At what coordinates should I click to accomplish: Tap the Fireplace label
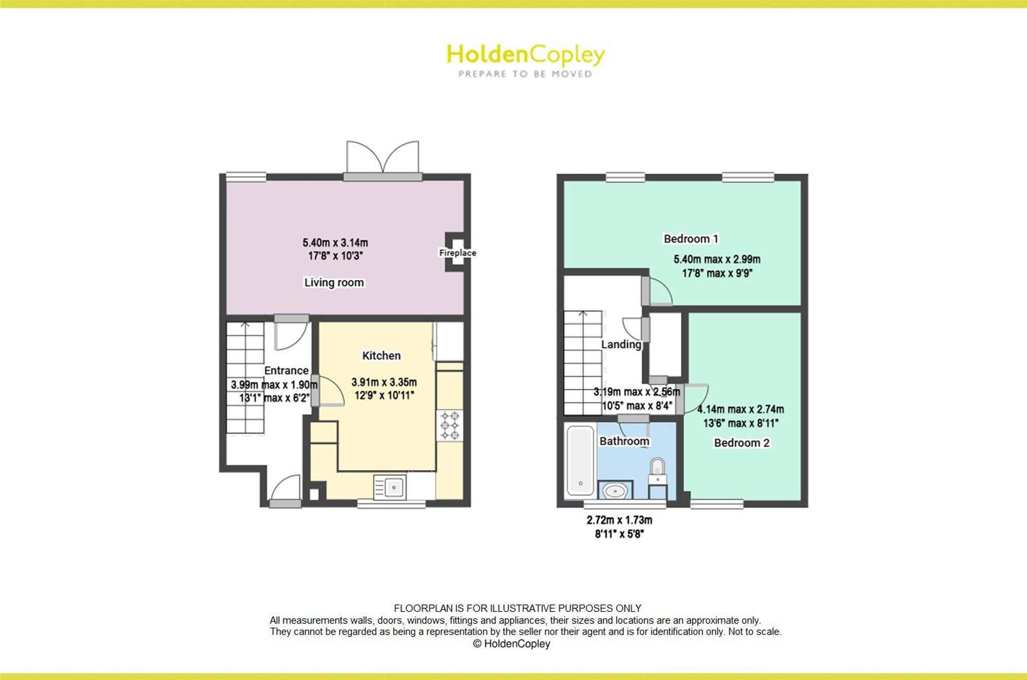[458, 253]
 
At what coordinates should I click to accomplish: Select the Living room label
[334, 282]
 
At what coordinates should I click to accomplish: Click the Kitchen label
[381, 355]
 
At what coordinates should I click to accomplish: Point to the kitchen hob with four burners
[450, 425]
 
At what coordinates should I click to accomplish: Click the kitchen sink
[390, 487]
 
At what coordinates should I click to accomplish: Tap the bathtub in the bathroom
[580, 461]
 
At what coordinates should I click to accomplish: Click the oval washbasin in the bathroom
[615, 491]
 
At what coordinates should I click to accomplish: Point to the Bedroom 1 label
[691, 239]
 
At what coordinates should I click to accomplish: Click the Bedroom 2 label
[741, 443]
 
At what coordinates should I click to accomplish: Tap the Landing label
[621, 344]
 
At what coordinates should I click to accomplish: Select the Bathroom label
[624, 441]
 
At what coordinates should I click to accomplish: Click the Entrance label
[286, 370]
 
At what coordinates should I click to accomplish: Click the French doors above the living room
[383, 160]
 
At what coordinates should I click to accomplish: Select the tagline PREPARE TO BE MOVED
[525, 74]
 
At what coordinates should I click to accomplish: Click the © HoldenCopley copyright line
[511, 644]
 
